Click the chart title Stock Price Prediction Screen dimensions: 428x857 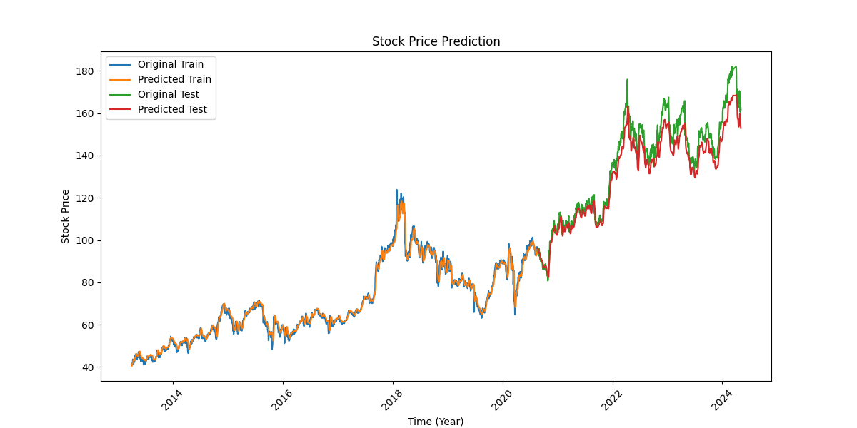pyautogui.click(x=436, y=41)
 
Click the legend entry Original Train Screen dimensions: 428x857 pyautogui.click(x=170, y=65)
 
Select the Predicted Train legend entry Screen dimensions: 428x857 pyautogui.click(x=174, y=80)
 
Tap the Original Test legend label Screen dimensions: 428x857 pyautogui.click(x=168, y=95)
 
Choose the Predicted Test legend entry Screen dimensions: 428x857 pyautogui.click(x=172, y=110)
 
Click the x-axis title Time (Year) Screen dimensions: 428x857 pyautogui.click(x=436, y=422)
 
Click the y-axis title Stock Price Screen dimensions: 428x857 pyautogui.click(x=66, y=216)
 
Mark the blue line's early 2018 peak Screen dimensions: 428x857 pyautogui.click(x=397, y=190)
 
